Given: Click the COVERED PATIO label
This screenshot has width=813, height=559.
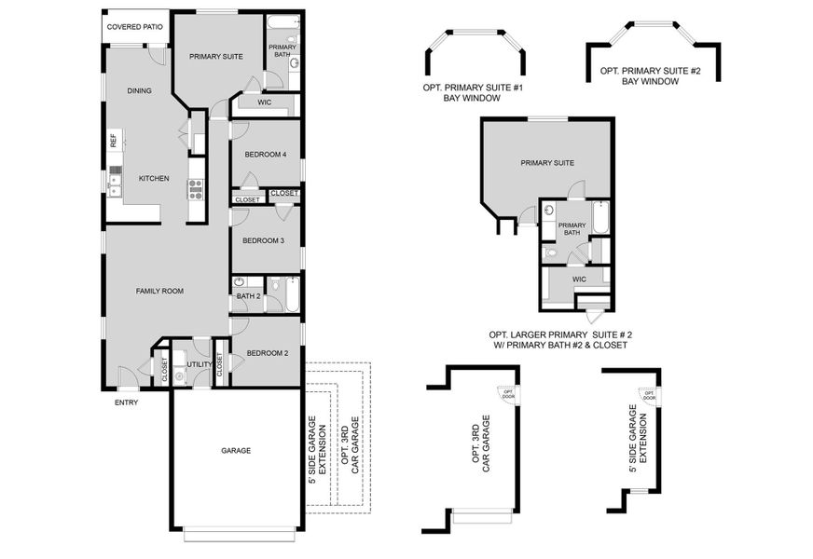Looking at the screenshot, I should tap(135, 27).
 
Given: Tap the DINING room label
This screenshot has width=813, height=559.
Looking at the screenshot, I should tap(139, 90).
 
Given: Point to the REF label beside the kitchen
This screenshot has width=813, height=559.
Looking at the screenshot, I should tap(114, 142).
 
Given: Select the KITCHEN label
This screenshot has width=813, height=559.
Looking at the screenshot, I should tap(154, 178).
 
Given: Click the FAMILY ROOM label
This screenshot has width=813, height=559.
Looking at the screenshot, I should tap(159, 291).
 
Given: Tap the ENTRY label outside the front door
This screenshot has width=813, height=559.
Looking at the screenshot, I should tap(126, 402).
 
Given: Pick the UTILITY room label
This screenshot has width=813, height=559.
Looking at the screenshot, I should tap(198, 364).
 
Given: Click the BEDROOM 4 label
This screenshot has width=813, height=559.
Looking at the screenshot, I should tap(265, 155).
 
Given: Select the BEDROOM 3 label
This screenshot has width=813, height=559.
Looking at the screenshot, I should tap(263, 240).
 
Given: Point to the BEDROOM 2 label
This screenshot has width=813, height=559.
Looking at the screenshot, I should tap(265, 353).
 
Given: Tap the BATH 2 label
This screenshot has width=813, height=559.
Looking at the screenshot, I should tap(247, 296).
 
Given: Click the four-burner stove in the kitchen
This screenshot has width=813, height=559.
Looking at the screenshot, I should tap(196, 189).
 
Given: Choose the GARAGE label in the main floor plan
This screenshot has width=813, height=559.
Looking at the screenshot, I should tap(235, 450).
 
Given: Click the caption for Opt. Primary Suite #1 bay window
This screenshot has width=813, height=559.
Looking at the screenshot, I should tap(473, 91).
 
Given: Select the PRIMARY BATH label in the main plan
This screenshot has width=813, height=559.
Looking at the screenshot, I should tap(282, 50).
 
